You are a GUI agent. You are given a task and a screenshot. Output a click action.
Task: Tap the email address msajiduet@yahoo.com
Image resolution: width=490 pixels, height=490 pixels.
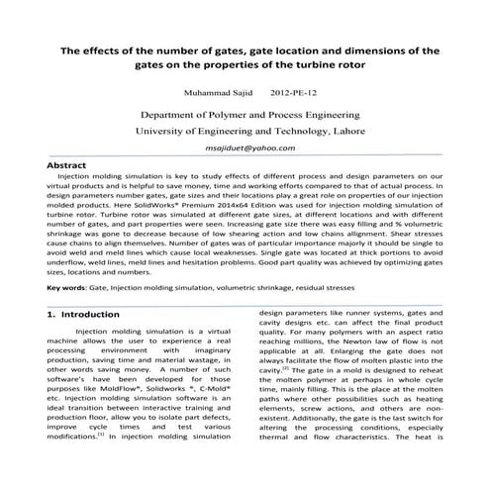pos(245,147)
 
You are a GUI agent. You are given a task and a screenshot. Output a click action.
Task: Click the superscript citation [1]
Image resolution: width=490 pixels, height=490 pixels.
pos(101,461)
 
